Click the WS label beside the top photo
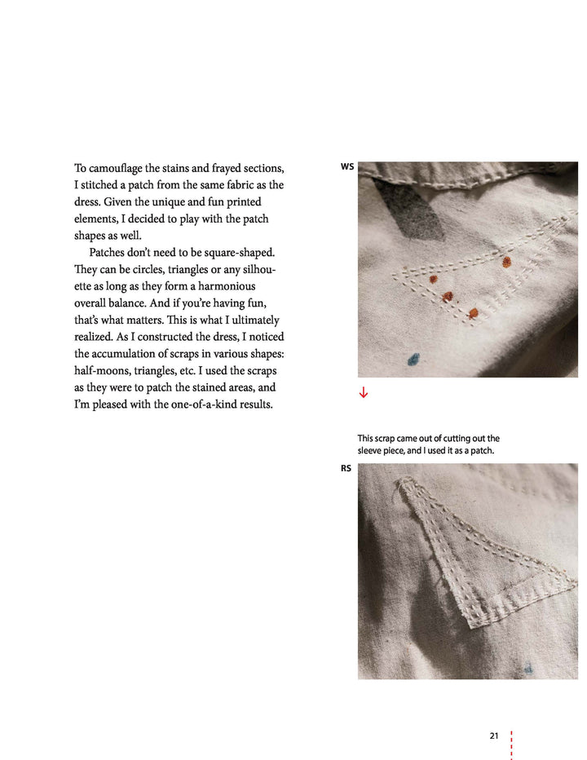pos(347,167)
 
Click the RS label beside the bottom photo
pos(346,469)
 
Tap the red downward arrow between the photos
pos(364,393)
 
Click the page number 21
pos(494,736)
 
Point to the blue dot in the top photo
pos(413,359)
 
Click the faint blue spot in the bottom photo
pos(528,669)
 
